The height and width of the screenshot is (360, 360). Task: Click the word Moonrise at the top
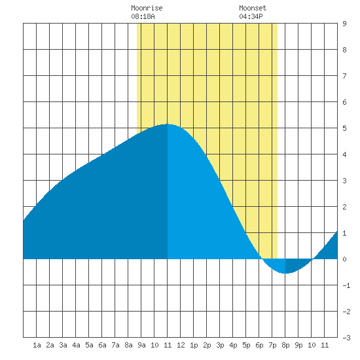[147, 8]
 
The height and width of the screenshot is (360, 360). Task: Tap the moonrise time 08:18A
[143, 16]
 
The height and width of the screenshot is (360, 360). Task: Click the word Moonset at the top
[253, 8]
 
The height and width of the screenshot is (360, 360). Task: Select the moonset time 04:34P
[251, 16]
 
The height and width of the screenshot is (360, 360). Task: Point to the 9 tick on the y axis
[344, 24]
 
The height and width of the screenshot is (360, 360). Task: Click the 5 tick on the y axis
[344, 128]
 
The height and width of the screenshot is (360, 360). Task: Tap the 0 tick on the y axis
[344, 259]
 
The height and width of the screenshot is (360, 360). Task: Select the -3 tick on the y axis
[346, 338]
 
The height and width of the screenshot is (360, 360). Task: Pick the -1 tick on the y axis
[346, 285]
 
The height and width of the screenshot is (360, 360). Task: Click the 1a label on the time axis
[37, 345]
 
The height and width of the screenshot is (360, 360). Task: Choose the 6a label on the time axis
[102, 345]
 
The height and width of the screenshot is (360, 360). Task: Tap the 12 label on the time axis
[181, 345]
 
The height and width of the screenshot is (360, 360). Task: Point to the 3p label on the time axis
[220, 345]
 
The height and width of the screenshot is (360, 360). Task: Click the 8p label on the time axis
[285, 345]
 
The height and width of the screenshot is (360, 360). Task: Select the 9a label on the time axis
[141, 345]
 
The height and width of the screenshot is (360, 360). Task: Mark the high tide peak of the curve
[168, 124]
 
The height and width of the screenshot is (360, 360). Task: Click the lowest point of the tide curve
[285, 273]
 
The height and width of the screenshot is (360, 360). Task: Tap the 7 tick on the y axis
[344, 76]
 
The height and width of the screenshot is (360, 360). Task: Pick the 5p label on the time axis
[246, 345]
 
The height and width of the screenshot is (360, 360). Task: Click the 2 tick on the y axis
[344, 207]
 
